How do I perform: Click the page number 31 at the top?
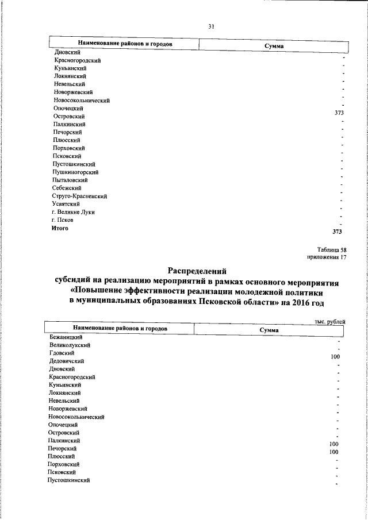coord(210,26)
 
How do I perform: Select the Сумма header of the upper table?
coord(274,45)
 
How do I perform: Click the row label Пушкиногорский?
coord(75,172)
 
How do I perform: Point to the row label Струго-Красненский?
coord(80,196)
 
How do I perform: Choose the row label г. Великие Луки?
coord(73,212)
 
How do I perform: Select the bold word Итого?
coord(60,228)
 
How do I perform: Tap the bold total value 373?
coord(338,232)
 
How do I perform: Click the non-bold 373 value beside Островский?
coord(339,113)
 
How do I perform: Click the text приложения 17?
coord(327,257)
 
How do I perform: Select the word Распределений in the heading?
coord(198,270)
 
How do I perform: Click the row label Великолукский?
coord(70,345)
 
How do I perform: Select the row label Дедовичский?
coord(67,361)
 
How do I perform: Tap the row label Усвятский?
coord(66,204)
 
